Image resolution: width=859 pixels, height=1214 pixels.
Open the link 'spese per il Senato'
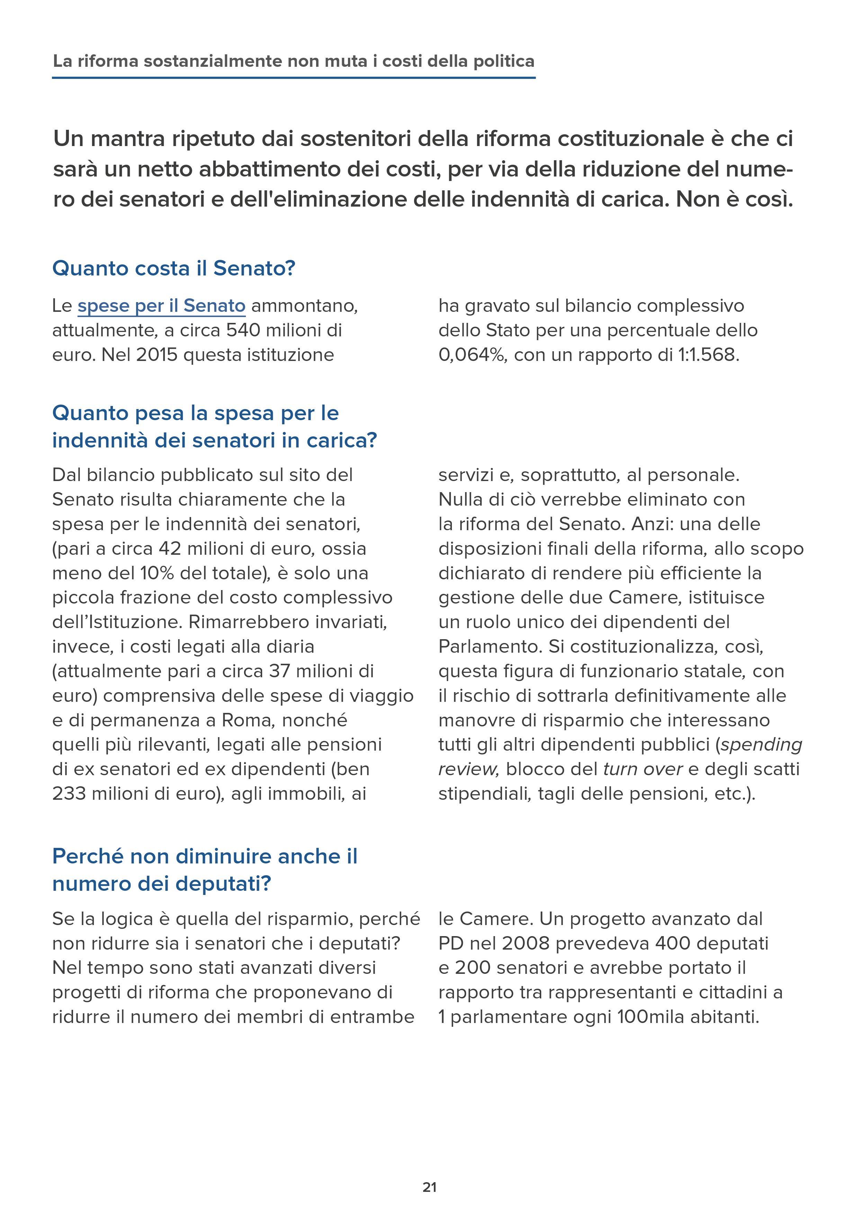coord(161,306)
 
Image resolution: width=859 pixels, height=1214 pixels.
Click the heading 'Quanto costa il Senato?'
coord(173,268)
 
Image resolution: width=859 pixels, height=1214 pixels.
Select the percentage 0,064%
coord(472,354)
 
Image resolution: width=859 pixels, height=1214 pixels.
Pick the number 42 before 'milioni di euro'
coord(170,548)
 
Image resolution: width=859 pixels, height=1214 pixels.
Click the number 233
coord(69,793)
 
